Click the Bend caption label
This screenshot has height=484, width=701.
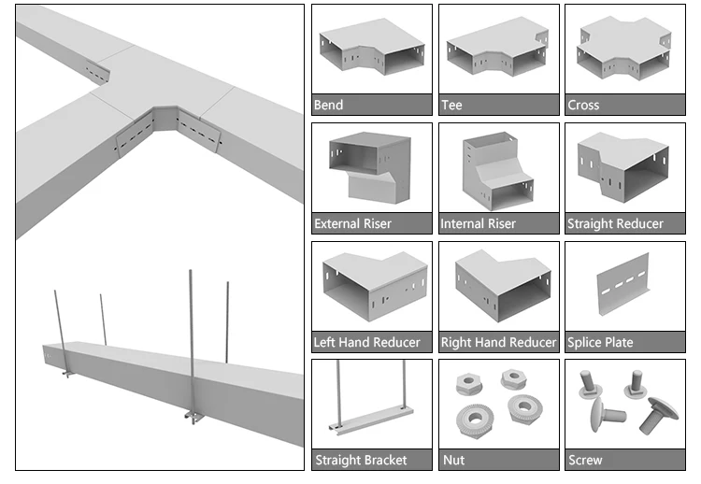coord(329,106)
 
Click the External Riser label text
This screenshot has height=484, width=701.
coord(352,224)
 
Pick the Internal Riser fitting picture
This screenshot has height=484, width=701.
coord(497,171)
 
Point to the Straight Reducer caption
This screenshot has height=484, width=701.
coord(615,224)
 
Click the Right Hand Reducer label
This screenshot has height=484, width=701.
coord(498,343)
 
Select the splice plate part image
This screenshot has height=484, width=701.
coord(623,287)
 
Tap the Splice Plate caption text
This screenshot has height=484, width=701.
coord(600,343)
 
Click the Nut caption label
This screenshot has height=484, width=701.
coord(453,461)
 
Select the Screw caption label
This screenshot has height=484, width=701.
coord(585,461)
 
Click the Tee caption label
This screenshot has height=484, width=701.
coord(451,106)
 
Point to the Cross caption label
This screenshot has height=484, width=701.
coord(583,106)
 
